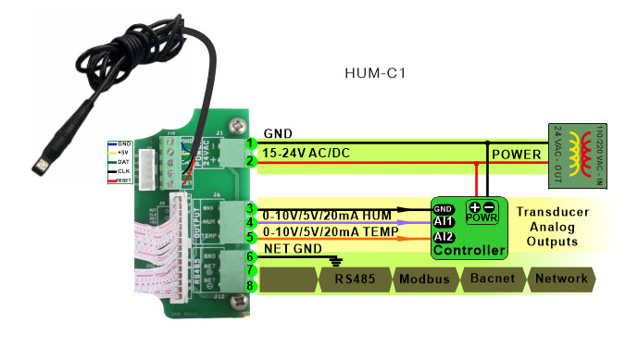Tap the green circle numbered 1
pos(251,143)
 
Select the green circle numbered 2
pos(251,161)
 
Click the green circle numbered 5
pos(251,238)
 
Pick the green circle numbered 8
pos(251,285)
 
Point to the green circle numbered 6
pos(251,255)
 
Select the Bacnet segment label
pos(492,279)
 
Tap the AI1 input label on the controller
pos(444,222)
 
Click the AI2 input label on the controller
pos(444,237)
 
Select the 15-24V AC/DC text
pos(307,152)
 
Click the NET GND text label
pos(294,248)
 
